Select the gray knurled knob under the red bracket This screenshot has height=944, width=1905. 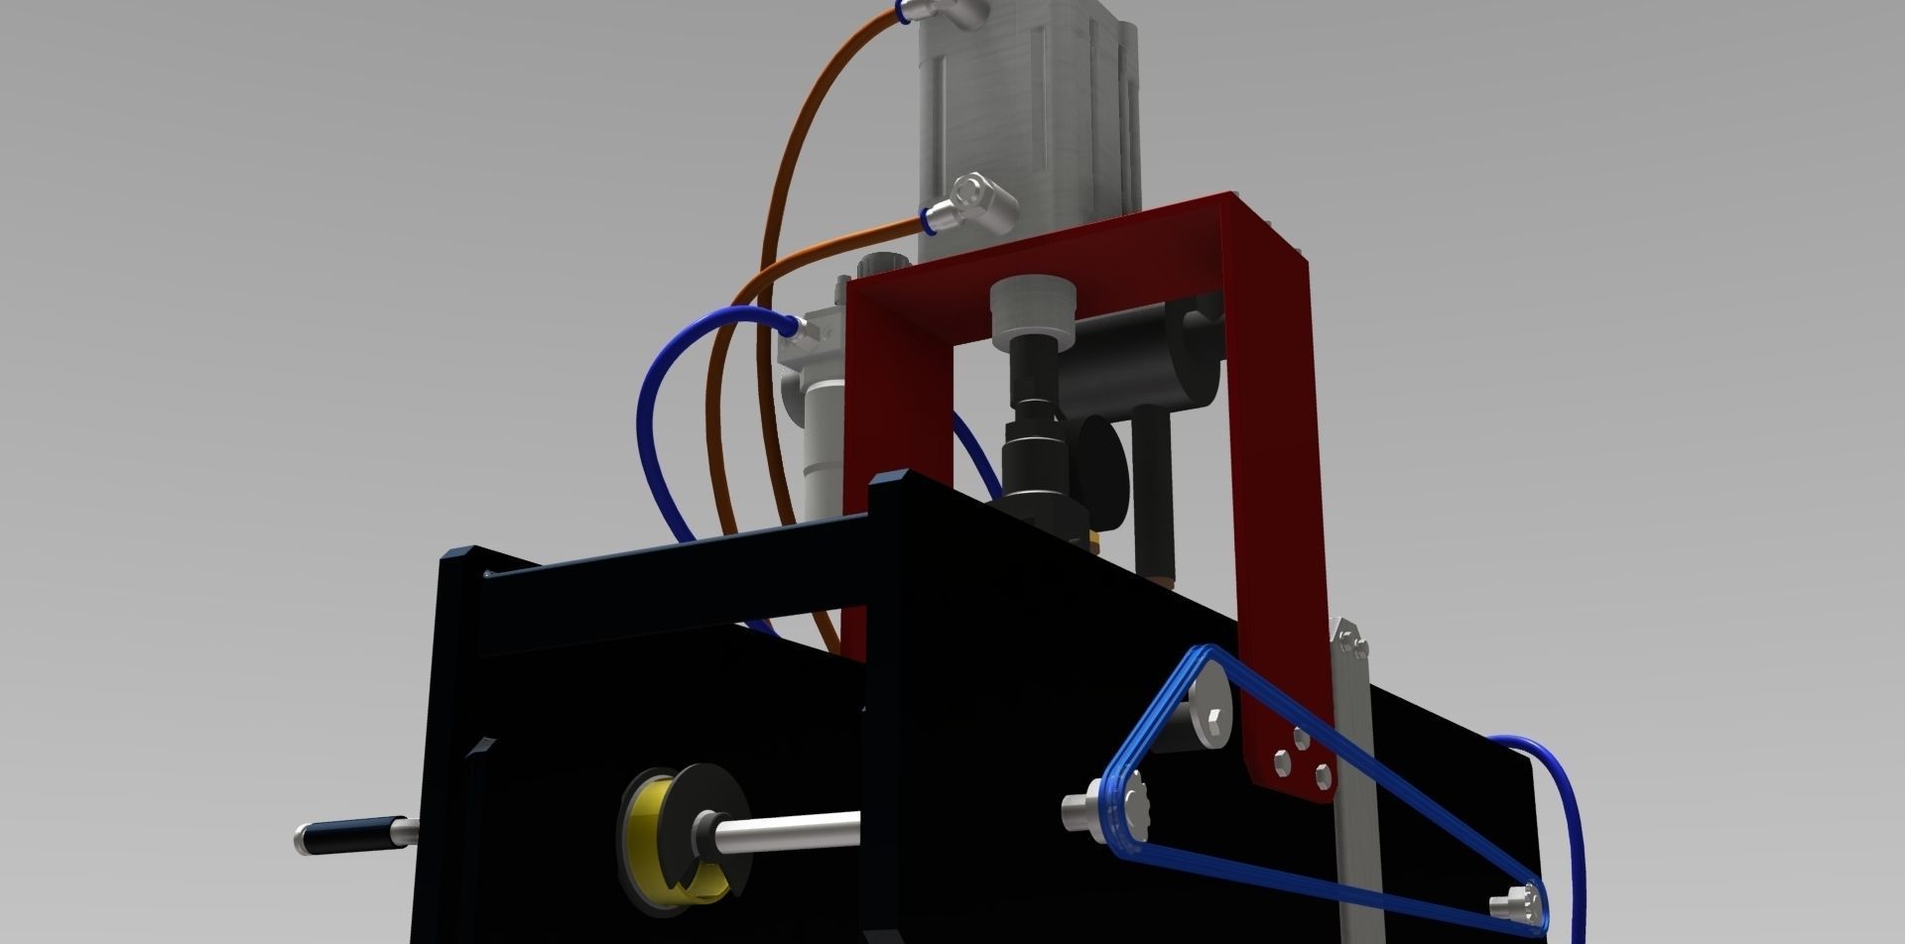click(1035, 308)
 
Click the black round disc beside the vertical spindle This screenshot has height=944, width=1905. click(1103, 457)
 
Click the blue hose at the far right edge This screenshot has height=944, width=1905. click(1566, 823)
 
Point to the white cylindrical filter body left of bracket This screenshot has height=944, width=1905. click(824, 446)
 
